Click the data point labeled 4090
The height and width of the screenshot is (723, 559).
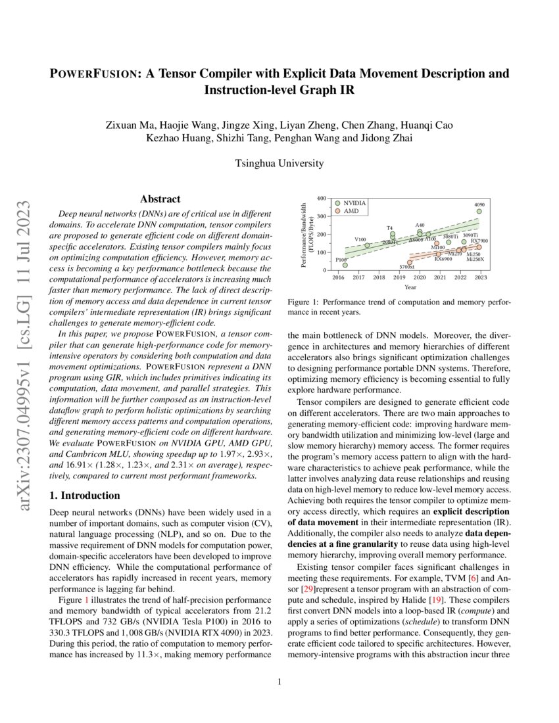click(479, 211)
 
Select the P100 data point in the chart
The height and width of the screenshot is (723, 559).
click(345, 265)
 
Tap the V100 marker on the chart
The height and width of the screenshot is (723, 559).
click(367, 245)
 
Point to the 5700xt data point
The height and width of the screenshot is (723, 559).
click(410, 262)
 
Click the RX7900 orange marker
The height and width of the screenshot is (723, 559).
click(479, 247)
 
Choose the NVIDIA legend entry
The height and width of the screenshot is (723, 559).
click(351, 203)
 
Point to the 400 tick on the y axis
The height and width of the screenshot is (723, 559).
click(321, 198)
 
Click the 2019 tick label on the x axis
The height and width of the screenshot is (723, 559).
click(400, 278)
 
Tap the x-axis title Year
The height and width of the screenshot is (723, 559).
click(410, 287)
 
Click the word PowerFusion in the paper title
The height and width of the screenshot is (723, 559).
click(93, 73)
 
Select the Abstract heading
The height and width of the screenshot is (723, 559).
click(160, 198)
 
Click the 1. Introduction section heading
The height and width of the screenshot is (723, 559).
click(85, 495)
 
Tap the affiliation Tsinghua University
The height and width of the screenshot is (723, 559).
click(279, 162)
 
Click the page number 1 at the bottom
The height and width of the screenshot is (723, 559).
click(279, 681)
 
